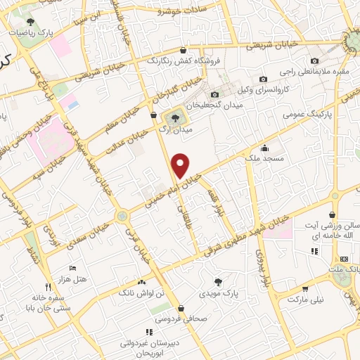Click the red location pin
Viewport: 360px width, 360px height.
pos(181,165)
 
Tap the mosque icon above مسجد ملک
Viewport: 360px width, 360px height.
pos(264,148)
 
